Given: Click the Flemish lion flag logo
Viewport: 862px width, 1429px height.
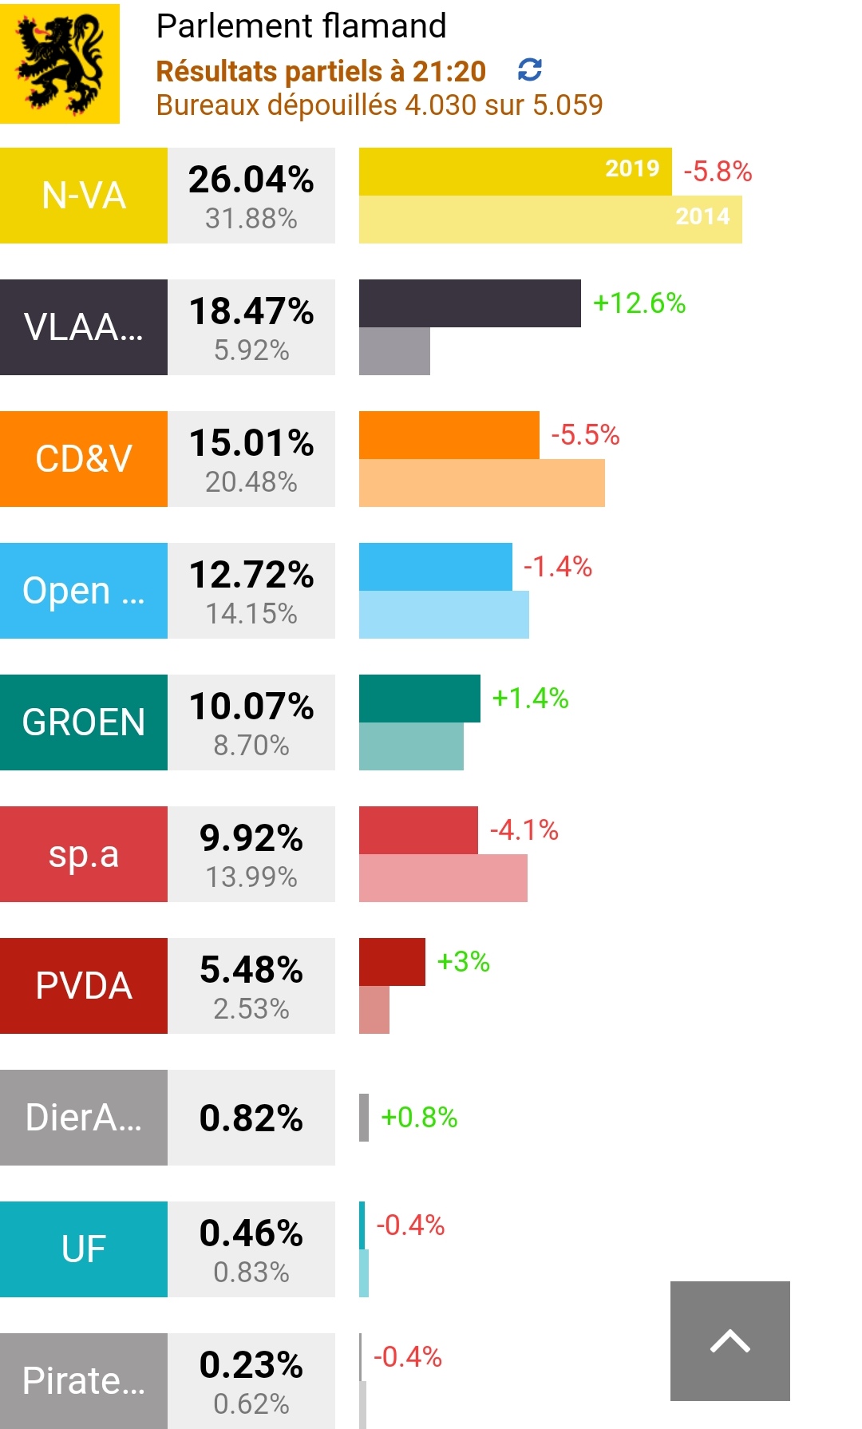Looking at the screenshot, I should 60,64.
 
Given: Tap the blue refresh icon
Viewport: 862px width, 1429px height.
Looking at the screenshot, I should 530,70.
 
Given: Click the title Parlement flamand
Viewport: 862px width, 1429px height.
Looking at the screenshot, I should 301,26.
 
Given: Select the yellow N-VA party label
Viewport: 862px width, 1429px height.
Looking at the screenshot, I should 84,196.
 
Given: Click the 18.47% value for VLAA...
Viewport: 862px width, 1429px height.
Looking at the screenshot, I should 251,311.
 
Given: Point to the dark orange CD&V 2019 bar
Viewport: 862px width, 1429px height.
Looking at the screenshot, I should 449,435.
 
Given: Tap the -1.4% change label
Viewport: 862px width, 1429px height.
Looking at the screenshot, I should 557,567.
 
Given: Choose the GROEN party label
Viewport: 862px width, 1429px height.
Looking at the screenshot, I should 84,722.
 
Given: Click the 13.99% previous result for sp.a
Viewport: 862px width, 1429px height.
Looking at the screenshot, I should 251,877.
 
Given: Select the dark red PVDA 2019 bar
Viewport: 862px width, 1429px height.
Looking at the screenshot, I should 392,962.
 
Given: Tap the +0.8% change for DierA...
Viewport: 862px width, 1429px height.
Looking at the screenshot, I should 419,1118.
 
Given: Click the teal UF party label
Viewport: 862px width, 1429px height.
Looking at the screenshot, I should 84,1249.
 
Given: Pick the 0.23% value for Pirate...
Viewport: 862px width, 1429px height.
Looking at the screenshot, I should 251,1365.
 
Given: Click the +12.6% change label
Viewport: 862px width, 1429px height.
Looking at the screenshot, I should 639,303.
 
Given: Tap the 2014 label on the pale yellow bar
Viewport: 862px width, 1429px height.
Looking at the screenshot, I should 702,216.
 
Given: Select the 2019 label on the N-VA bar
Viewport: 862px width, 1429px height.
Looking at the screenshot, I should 632,168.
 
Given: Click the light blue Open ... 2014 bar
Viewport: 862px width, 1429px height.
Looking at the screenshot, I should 444,615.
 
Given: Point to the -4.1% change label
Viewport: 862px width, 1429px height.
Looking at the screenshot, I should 524,830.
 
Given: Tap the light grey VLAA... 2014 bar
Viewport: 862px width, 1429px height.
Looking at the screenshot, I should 394,351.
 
